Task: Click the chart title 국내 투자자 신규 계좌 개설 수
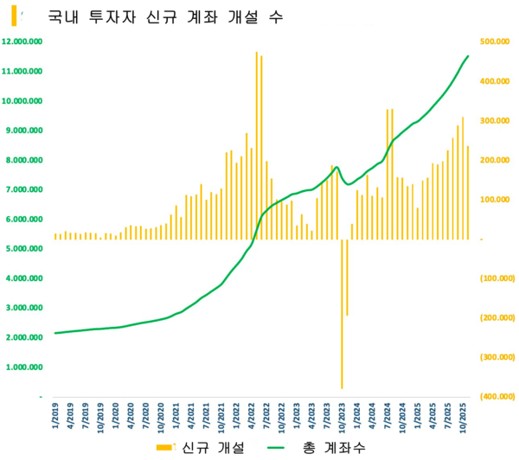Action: pos(164,17)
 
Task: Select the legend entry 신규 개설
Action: pos(202,447)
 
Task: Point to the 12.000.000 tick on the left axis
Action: pos(23,42)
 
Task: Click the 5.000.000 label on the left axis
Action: pos(23,249)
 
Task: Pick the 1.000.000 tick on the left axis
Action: pos(23,367)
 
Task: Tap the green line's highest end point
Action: pos(468,56)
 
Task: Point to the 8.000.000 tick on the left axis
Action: pos(23,160)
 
